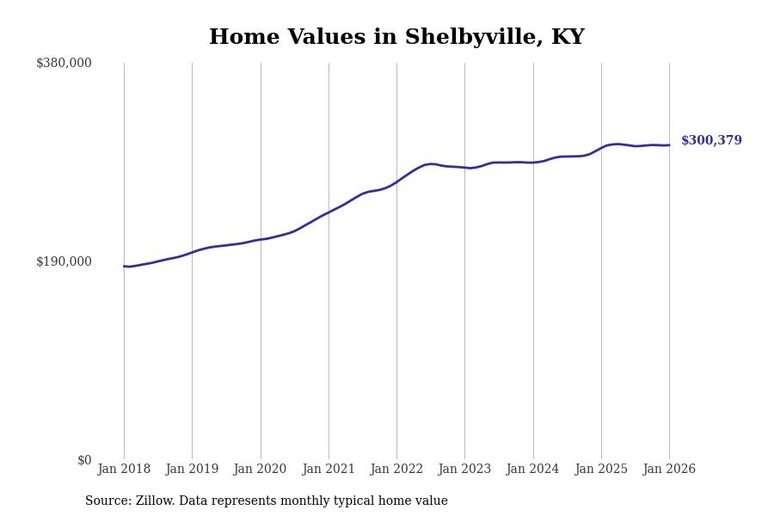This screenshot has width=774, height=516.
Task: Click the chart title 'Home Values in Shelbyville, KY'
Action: pyautogui.click(x=396, y=38)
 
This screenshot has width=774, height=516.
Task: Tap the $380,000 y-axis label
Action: pyautogui.click(x=64, y=63)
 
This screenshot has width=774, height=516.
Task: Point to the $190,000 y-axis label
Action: pyautogui.click(x=64, y=261)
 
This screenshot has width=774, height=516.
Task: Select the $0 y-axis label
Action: pyautogui.click(x=84, y=460)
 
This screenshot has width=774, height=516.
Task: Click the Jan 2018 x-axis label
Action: pyautogui.click(x=124, y=470)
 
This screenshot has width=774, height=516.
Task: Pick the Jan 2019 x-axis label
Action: pyautogui.click(x=192, y=470)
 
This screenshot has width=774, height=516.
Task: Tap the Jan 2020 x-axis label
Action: pyautogui.click(x=260, y=470)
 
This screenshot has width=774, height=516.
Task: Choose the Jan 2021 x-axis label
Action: pyautogui.click(x=329, y=470)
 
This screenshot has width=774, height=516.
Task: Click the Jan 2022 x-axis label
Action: pyautogui.click(x=396, y=470)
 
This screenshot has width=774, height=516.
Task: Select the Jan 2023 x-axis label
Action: pyautogui.click(x=464, y=470)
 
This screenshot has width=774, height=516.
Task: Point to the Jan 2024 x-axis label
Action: pyautogui.click(x=532, y=470)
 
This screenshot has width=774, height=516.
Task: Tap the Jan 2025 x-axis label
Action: pyautogui.click(x=601, y=470)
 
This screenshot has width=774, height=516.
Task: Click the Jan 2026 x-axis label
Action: pyautogui.click(x=669, y=470)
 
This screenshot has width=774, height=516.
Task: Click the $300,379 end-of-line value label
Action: pyautogui.click(x=711, y=141)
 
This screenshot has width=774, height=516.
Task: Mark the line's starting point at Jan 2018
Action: pyautogui.click(x=124, y=266)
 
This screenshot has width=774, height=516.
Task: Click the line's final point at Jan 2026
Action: pyautogui.click(x=669, y=145)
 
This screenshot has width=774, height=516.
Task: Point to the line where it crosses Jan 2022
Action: pyautogui.click(x=396, y=181)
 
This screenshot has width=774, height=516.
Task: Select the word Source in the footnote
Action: pyautogui.click(x=107, y=501)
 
